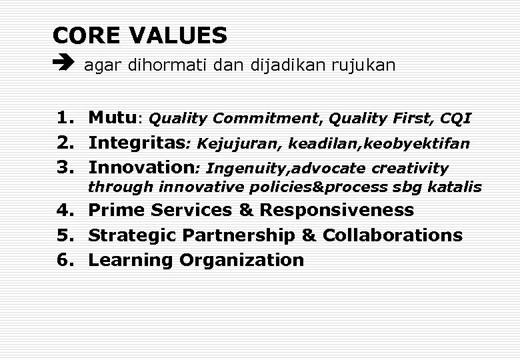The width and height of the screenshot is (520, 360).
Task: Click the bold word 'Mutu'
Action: pos(113,119)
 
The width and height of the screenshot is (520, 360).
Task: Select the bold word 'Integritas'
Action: pos(137,143)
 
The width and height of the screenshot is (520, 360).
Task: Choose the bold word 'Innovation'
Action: pos(141,167)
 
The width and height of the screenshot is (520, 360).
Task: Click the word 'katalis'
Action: pos(455,187)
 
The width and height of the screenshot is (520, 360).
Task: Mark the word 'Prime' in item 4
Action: pos(117,211)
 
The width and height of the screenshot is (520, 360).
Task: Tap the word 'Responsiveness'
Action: pos(337,211)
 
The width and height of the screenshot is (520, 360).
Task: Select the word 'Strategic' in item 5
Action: pos(133,235)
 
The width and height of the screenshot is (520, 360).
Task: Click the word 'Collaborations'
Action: pos(392,235)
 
